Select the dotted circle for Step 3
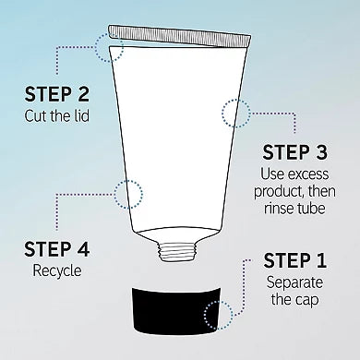click(234, 115)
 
